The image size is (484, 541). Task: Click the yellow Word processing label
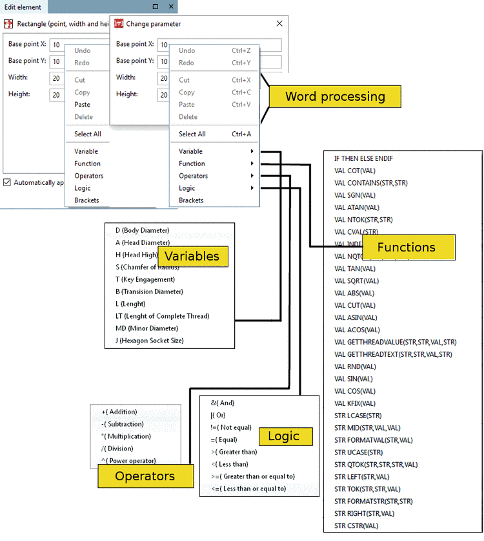(x=335, y=97)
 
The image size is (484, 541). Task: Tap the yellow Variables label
(x=192, y=256)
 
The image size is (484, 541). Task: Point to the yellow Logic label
(x=285, y=436)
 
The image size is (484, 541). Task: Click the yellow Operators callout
(x=145, y=476)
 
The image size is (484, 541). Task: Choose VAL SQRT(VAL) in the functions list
(x=356, y=281)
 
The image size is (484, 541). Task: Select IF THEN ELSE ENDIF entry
(x=363, y=158)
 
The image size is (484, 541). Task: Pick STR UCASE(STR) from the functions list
(x=358, y=452)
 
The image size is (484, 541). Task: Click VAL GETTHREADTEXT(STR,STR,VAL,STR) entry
(x=392, y=354)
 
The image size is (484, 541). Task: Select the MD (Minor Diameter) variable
(x=146, y=328)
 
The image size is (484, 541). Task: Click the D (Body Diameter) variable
(x=142, y=230)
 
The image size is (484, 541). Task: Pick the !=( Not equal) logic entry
(x=230, y=427)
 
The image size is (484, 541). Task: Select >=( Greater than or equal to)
(x=252, y=476)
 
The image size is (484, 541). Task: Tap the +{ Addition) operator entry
(x=119, y=412)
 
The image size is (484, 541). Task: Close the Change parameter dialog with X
(x=279, y=24)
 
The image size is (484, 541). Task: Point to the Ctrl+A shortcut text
(x=241, y=134)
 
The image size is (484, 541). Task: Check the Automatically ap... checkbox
(x=7, y=182)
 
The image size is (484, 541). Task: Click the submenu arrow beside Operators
(x=252, y=176)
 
